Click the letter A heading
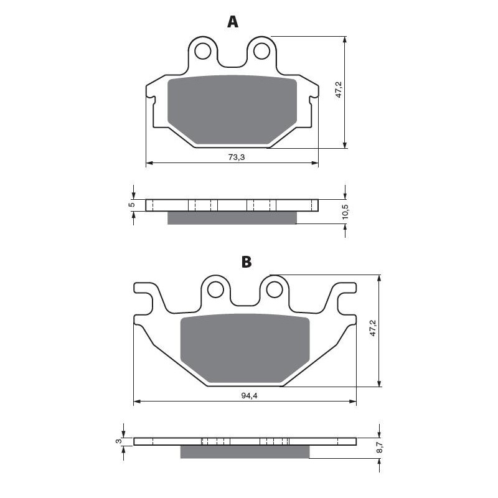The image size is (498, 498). (232, 22)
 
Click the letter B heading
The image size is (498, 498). (247, 262)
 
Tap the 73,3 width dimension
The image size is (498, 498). (237, 157)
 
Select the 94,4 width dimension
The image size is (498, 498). (249, 396)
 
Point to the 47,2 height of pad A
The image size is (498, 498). (339, 90)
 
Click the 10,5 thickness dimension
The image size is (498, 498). (345, 212)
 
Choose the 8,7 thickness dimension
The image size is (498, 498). (381, 447)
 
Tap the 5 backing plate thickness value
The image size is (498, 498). (132, 205)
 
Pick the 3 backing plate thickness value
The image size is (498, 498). (118, 441)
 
